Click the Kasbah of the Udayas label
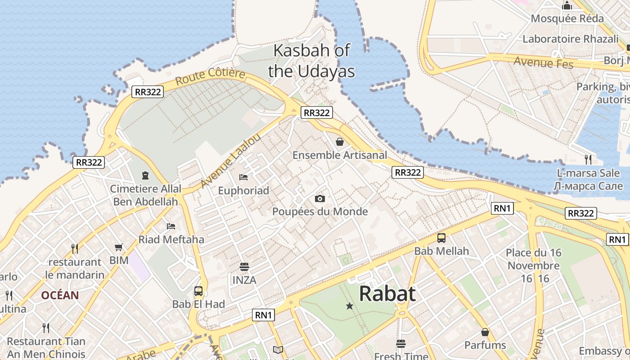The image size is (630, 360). (x=311, y=61)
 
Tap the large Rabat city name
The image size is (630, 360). (x=387, y=294)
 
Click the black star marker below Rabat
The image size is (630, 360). (x=349, y=306)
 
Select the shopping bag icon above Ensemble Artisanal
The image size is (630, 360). (x=340, y=142)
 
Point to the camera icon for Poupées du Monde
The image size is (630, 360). (x=320, y=198)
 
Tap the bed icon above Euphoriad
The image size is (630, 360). (x=243, y=177)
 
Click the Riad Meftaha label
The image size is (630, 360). (x=171, y=239)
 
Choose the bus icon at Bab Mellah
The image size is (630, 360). (x=441, y=238)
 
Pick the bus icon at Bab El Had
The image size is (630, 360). (x=198, y=291)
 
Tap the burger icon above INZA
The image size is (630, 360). (x=244, y=267)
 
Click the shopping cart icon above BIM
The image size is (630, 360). (x=119, y=247)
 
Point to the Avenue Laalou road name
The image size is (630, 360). (x=230, y=161)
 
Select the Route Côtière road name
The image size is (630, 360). (x=210, y=76)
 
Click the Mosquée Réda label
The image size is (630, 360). (x=567, y=18)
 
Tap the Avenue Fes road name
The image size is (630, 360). (x=544, y=62)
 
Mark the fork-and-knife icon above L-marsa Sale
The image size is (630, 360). (x=588, y=159)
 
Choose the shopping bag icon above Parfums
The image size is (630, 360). (x=485, y=332)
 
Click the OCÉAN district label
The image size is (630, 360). (x=60, y=295)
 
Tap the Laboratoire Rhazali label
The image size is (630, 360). (x=570, y=39)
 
